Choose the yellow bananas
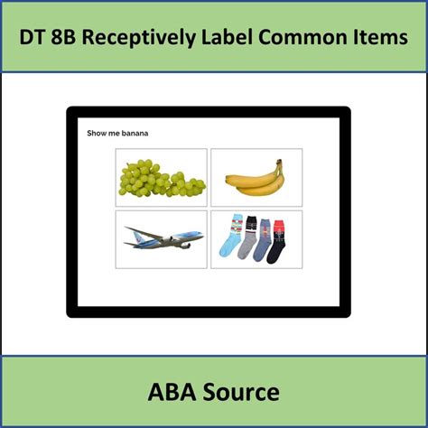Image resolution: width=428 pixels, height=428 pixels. coord(256,179)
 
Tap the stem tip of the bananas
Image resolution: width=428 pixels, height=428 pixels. coord(280,163)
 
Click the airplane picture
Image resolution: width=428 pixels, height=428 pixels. coord(163,239)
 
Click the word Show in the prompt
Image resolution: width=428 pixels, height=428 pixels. coord(96,134)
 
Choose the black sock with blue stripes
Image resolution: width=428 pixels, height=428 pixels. coord(247,237)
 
